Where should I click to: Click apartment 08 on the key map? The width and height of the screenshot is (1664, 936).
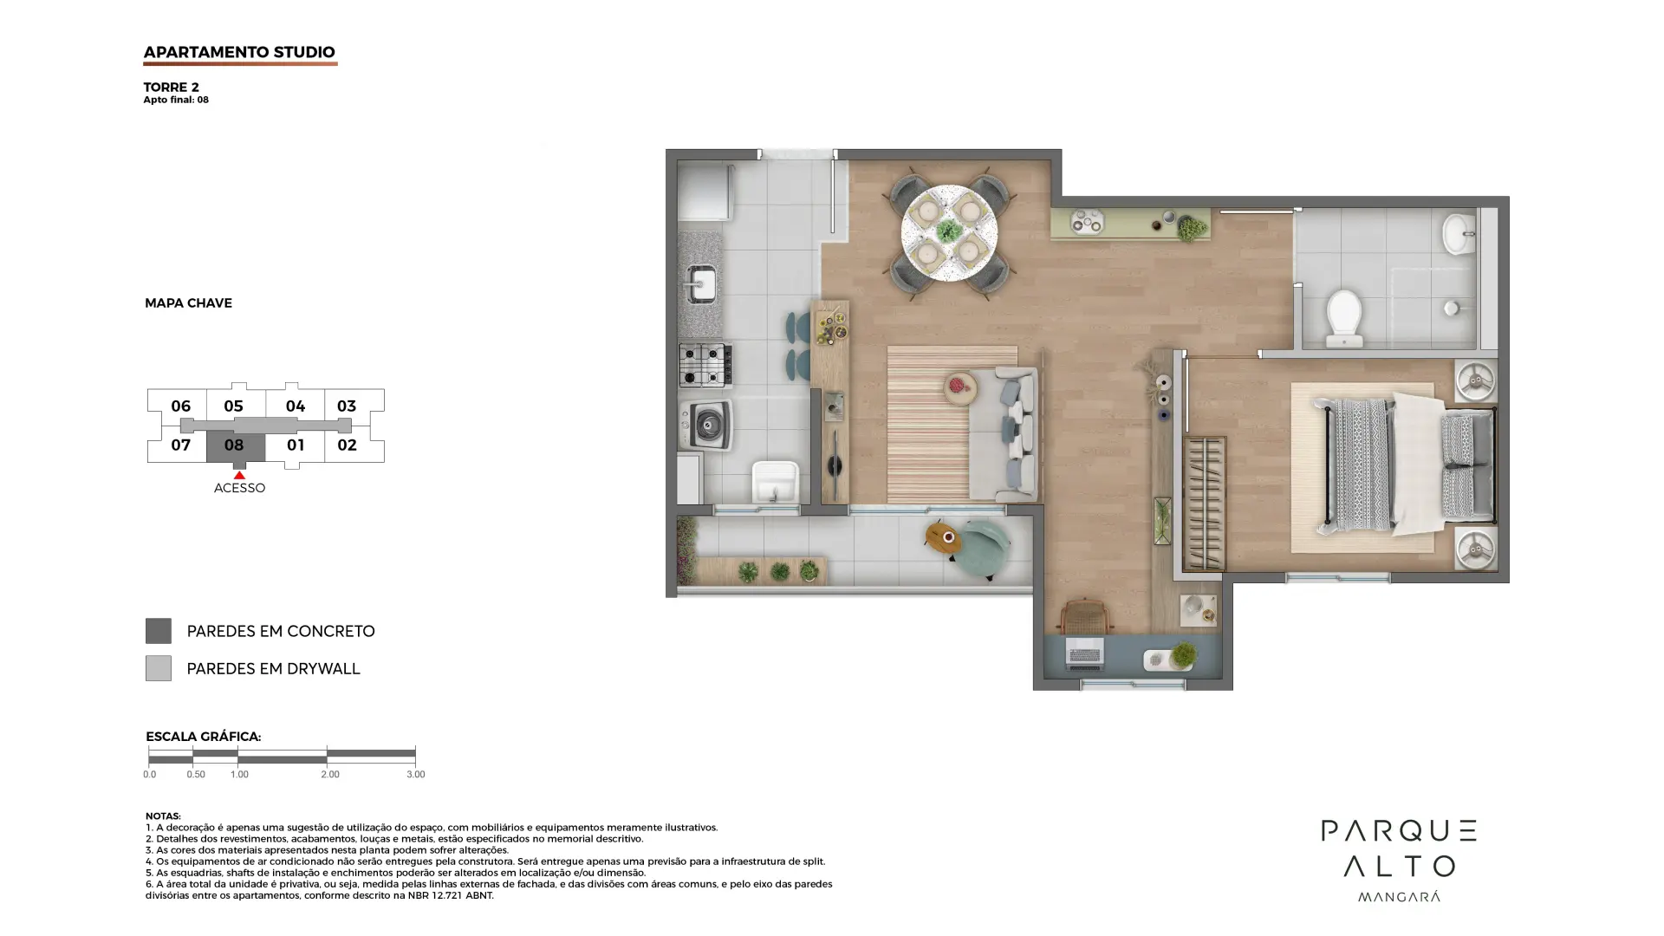click(235, 446)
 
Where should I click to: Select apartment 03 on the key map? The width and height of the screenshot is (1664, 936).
click(347, 406)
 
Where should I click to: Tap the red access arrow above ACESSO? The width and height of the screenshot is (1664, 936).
click(239, 475)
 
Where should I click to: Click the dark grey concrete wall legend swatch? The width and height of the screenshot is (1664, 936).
click(158, 631)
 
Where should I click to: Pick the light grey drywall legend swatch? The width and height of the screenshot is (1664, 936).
click(158, 668)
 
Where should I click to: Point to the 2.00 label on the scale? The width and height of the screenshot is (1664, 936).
click(330, 775)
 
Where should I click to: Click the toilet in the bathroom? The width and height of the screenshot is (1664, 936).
click(1344, 317)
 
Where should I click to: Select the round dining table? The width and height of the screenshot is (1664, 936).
click(949, 232)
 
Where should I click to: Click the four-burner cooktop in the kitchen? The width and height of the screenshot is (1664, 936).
click(705, 365)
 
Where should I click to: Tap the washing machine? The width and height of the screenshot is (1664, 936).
click(705, 424)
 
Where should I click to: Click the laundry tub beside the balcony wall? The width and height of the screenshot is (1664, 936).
click(776, 482)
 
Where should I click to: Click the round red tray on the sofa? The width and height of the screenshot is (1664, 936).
click(960, 387)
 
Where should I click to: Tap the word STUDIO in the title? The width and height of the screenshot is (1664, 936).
click(304, 52)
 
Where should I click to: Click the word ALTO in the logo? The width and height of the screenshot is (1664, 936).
click(1400, 866)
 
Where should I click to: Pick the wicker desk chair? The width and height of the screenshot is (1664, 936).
click(1084, 616)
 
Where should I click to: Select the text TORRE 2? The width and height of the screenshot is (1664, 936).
click(172, 87)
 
